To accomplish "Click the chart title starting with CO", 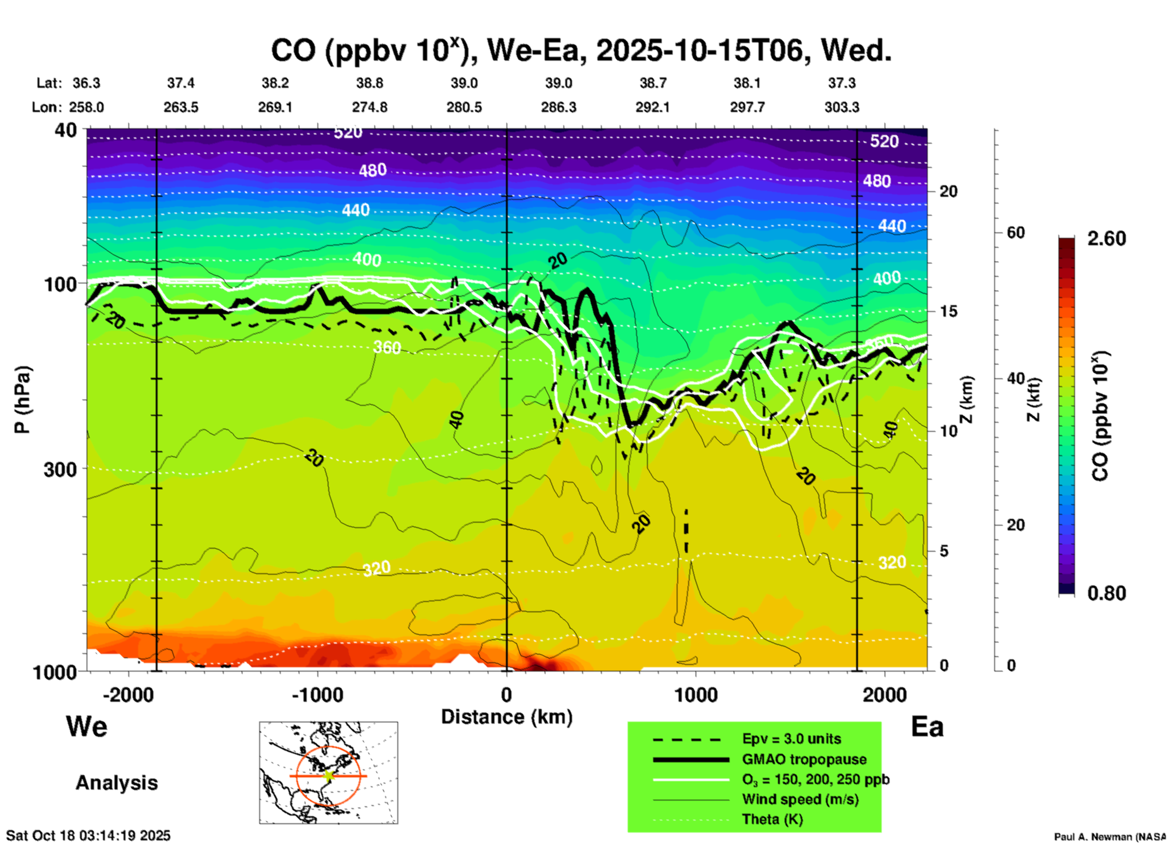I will pos(580,51).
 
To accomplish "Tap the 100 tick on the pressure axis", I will pos(61,284).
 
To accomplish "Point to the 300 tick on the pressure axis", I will pos(61,469).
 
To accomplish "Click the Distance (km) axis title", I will pos(507,717).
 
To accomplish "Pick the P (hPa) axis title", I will pos(22,400).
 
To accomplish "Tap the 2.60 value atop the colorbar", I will pos(1106,239).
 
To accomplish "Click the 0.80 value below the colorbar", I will pos(1106,593).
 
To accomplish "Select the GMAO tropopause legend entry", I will pos(804,759).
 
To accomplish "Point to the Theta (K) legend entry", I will pos(772,819).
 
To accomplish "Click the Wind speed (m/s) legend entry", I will pos(800,799).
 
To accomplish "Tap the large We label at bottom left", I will pos(87,726).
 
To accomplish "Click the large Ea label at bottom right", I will pos(927,727).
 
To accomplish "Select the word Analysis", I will pos(116,783).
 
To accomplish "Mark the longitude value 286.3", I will pos(559,107).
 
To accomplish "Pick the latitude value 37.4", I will pos(181,83).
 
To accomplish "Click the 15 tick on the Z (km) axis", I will pos(948,311).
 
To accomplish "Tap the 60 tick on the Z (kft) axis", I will pos(1016,232).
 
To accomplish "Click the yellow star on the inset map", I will pos(328,776).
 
